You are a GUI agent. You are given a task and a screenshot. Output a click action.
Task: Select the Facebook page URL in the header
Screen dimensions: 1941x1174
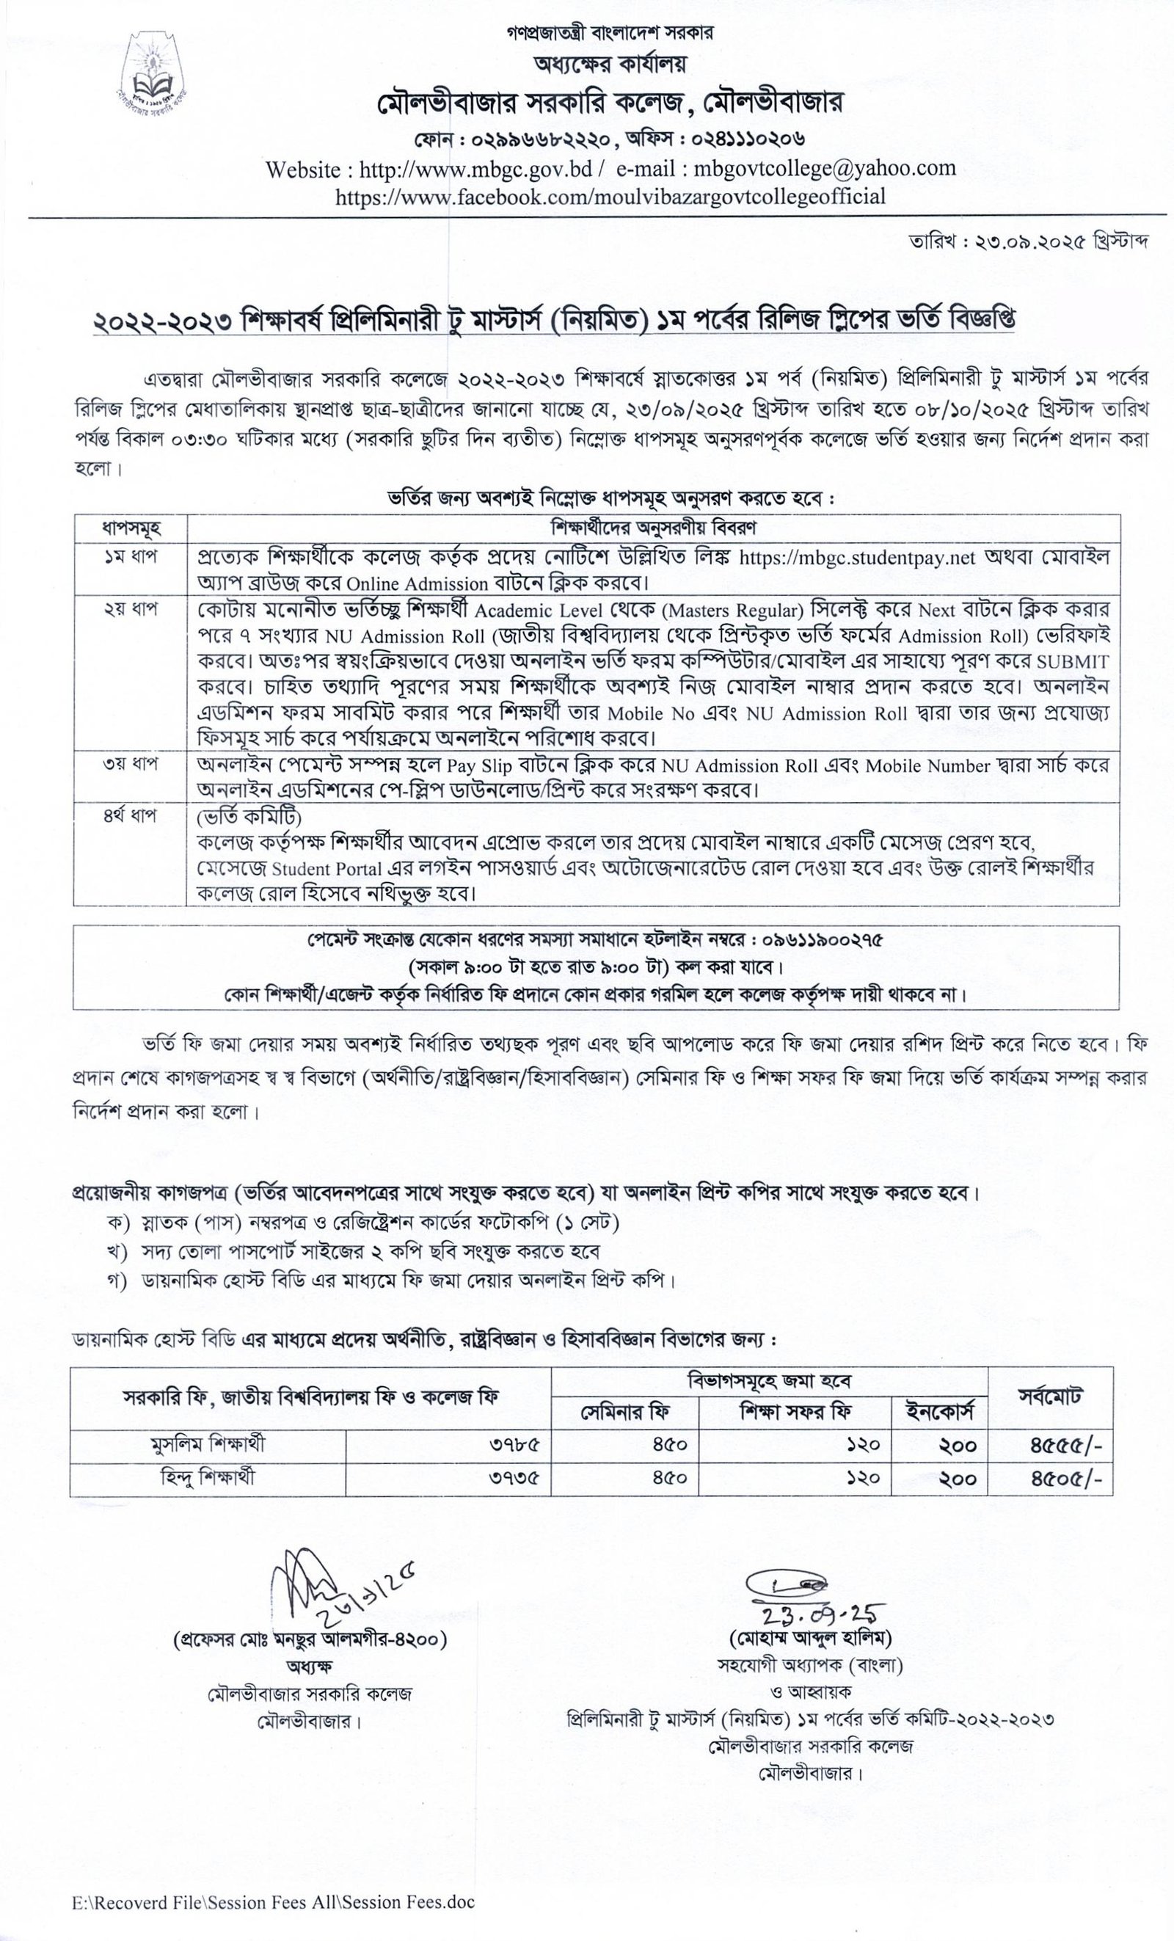pyautogui.click(x=610, y=196)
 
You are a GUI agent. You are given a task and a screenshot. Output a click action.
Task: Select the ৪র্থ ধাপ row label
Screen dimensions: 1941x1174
pyautogui.click(x=130, y=816)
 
